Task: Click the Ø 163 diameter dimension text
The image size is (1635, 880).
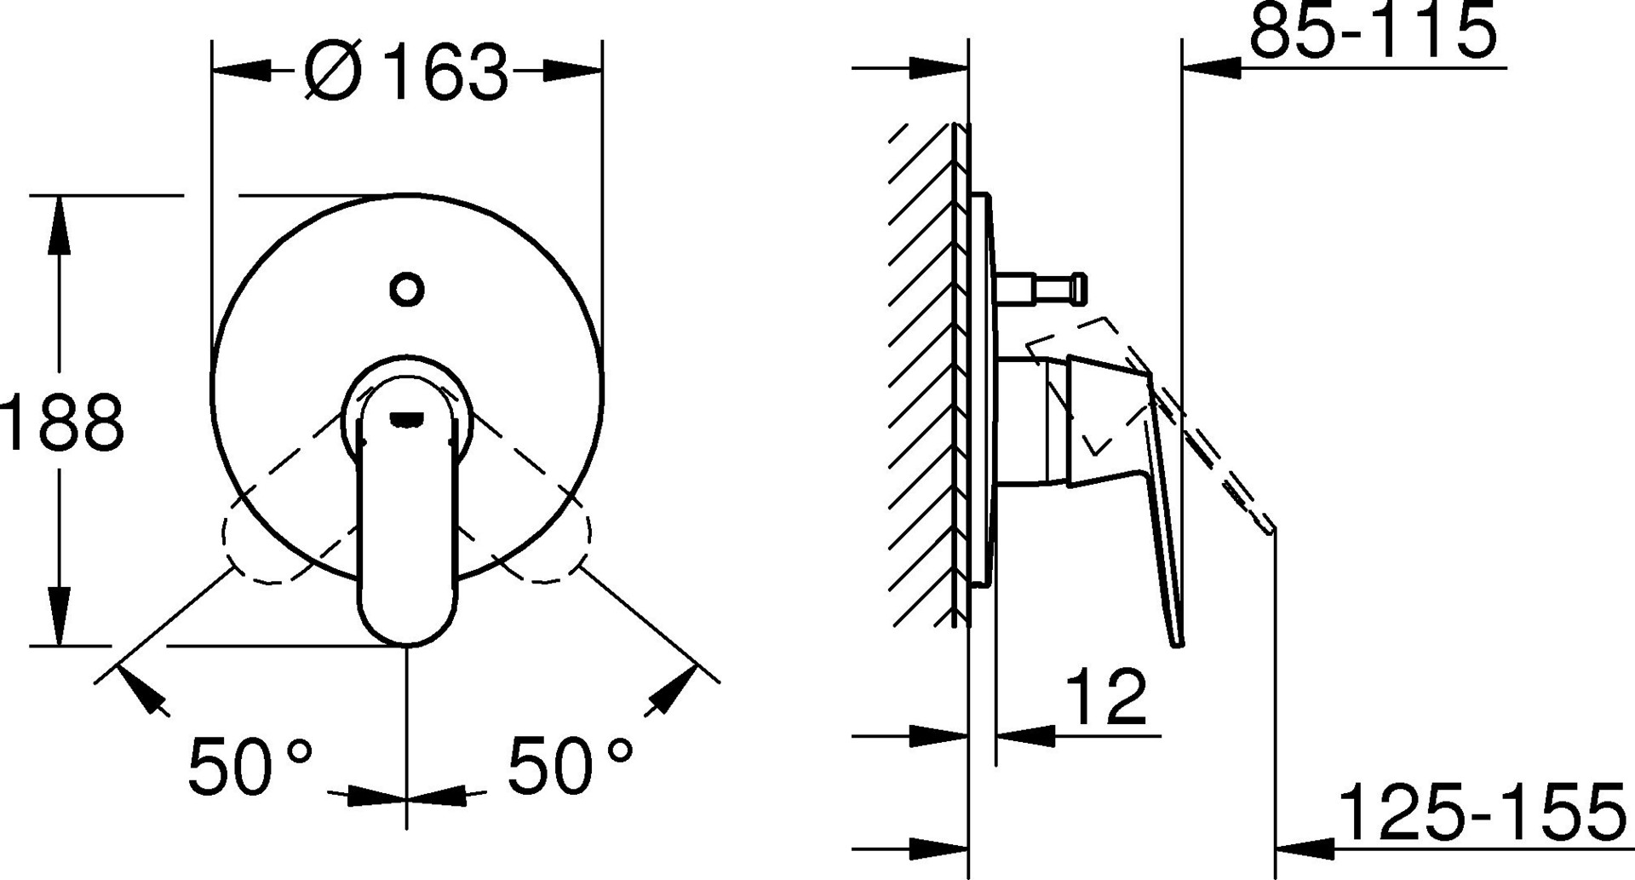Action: coord(406,71)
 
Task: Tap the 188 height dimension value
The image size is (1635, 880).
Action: coord(61,423)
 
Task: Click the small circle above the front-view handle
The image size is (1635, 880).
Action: coord(407,290)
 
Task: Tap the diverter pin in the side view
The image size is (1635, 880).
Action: coord(1040,287)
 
